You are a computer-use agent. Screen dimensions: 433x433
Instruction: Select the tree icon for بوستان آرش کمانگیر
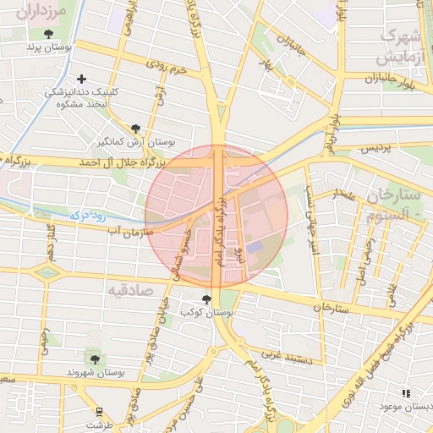tap(135, 128)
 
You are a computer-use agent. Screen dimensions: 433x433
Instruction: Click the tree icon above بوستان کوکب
tap(206, 299)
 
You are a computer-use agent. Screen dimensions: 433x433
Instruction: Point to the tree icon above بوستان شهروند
tap(95, 359)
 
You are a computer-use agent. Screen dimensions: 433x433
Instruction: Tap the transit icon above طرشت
tap(100, 411)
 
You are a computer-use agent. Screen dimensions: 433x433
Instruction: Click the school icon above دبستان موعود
tap(406, 393)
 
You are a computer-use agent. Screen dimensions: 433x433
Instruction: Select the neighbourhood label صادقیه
tap(129, 290)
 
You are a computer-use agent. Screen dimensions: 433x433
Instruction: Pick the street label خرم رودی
tap(165, 65)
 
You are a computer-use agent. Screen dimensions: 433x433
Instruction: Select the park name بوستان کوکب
tap(207, 313)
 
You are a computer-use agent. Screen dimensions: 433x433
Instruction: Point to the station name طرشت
tap(100, 425)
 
